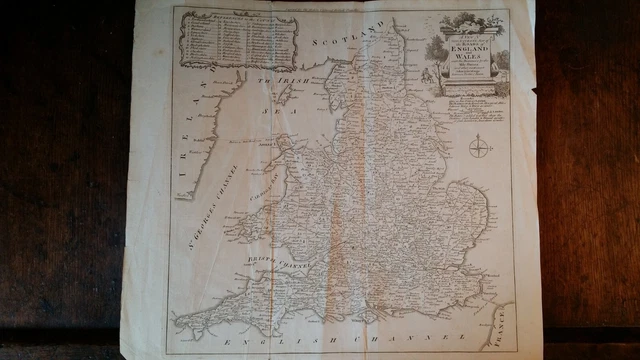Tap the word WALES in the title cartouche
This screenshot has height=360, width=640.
tap(463, 59)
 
